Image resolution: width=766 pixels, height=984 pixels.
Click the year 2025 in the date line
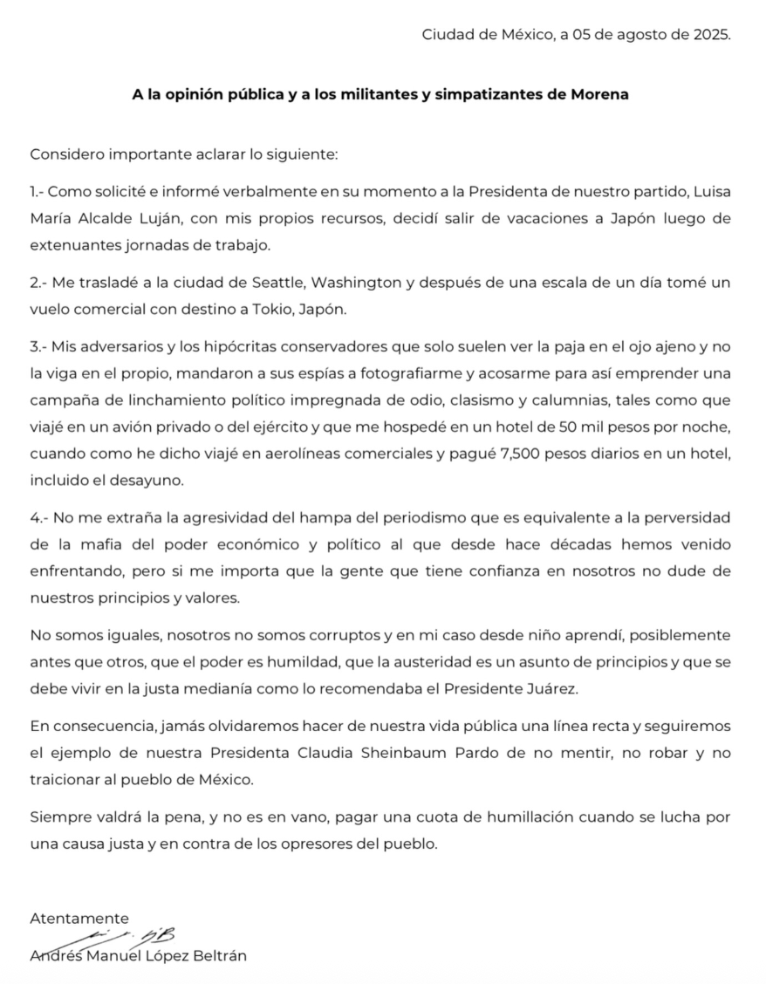click(711, 35)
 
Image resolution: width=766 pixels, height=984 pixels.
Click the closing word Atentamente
click(79, 918)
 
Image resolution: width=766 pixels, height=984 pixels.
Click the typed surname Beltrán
click(221, 955)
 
